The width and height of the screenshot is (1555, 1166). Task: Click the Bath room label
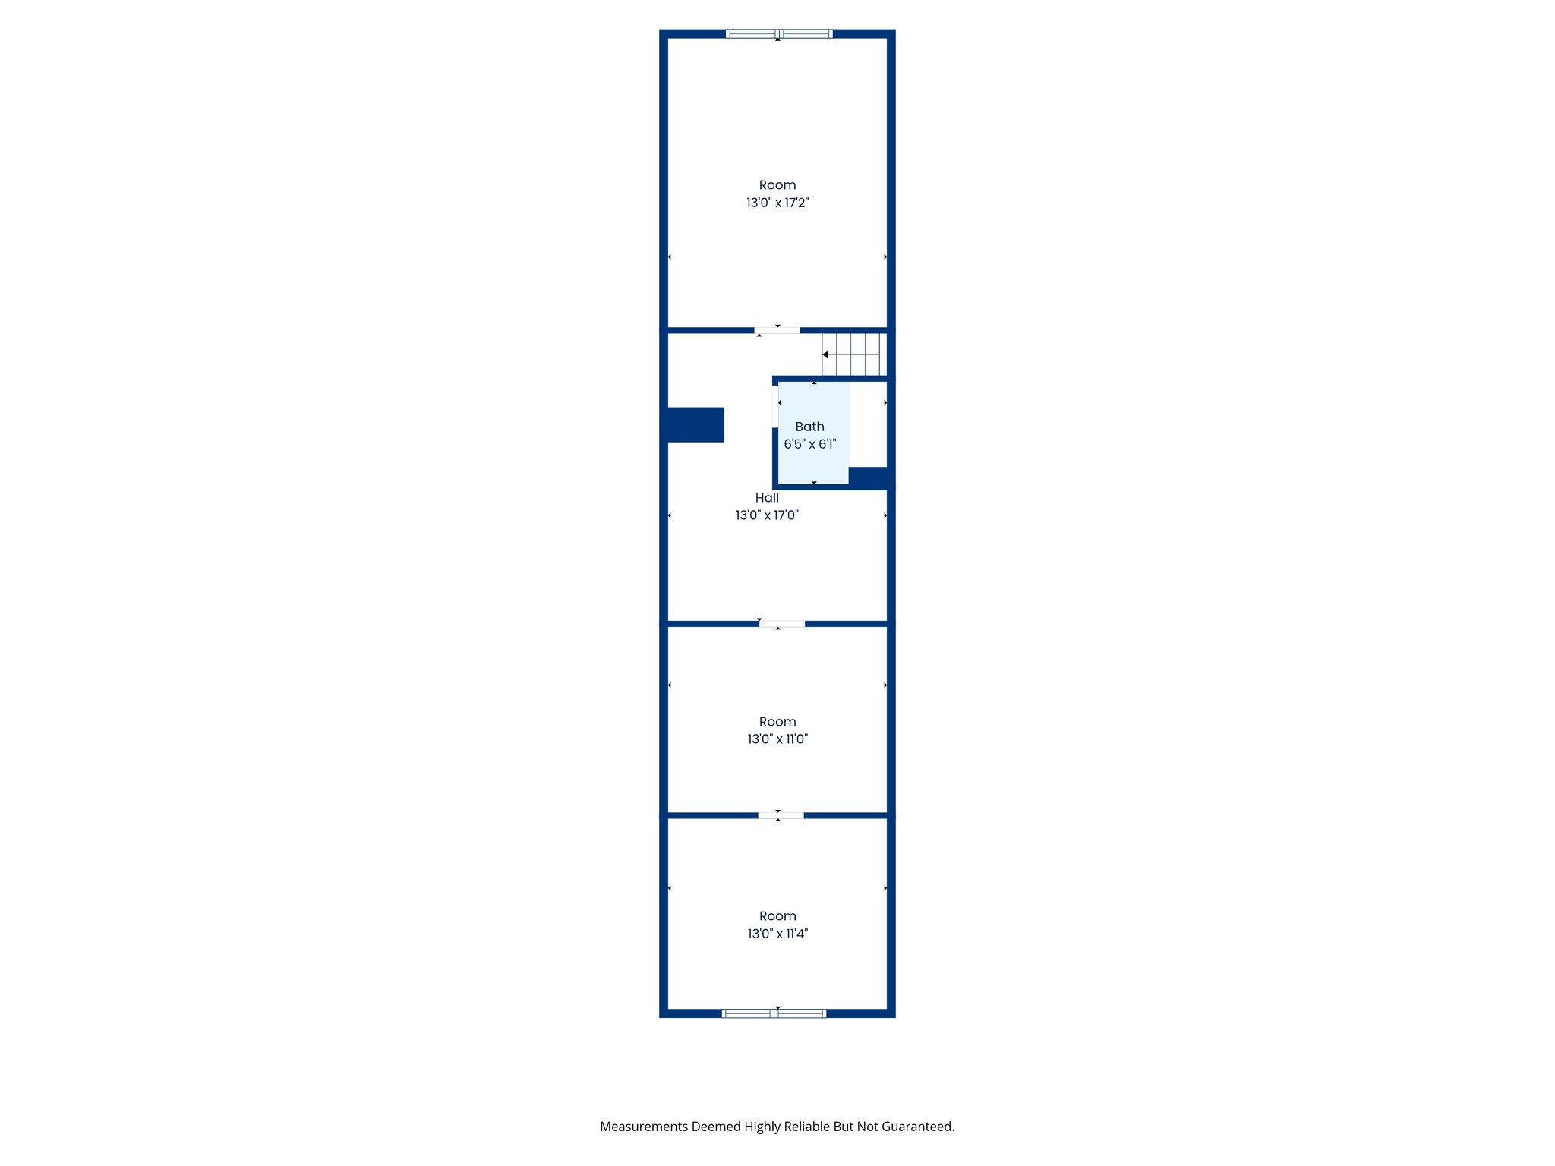[x=809, y=427]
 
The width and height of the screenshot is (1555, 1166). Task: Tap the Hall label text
[x=767, y=498]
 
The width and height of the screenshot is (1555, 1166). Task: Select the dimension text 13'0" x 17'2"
[x=777, y=203]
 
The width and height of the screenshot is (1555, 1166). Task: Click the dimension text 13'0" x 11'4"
[x=777, y=934]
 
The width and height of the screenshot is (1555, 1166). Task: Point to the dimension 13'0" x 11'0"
[x=777, y=739]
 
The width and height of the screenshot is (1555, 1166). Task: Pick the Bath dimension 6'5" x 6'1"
[x=810, y=444]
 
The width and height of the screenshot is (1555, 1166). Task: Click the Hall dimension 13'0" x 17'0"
[x=767, y=515]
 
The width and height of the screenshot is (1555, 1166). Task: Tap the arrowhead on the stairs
[x=825, y=355]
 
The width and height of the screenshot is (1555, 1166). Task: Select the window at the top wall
[x=779, y=33]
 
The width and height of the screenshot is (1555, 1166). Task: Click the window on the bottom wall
[x=774, y=1013]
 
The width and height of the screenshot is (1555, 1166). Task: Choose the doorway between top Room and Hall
[x=777, y=330]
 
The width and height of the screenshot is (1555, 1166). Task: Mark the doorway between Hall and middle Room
[x=782, y=624]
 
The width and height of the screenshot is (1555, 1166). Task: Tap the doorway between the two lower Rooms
[x=781, y=816]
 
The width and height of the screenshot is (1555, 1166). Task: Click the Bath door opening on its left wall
[x=775, y=407]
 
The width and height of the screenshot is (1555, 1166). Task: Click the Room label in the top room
[x=777, y=185]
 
